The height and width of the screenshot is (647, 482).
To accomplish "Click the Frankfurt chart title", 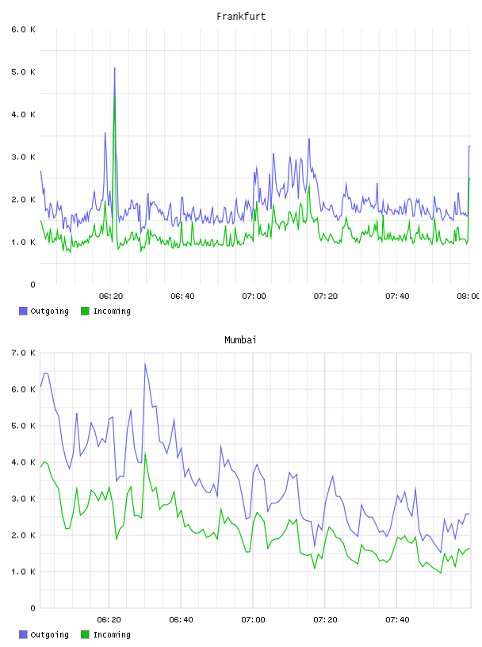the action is click(x=241, y=17).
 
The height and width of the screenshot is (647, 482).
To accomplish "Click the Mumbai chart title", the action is click(x=240, y=340).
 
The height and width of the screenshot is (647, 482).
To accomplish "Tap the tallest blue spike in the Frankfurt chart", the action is click(x=115, y=68).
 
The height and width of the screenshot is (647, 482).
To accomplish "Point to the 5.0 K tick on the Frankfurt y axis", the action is click(x=24, y=72).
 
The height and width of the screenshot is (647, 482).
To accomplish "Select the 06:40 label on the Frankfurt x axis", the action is click(x=182, y=296).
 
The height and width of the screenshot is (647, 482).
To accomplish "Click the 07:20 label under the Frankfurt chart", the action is click(x=326, y=296).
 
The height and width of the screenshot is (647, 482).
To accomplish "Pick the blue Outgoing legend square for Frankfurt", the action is click(x=23, y=311).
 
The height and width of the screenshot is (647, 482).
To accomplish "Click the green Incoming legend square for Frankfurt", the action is click(x=85, y=311).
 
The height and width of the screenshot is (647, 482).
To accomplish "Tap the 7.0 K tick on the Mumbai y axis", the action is click(x=24, y=353).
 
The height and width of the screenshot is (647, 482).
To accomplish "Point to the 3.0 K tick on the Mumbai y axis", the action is click(x=24, y=499).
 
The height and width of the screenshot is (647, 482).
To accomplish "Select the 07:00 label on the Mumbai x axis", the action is click(x=254, y=619).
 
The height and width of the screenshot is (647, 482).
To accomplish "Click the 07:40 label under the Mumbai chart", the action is click(x=397, y=619).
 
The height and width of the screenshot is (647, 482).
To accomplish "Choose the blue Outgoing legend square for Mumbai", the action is click(x=23, y=634).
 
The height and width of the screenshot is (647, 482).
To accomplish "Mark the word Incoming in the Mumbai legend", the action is click(x=112, y=634).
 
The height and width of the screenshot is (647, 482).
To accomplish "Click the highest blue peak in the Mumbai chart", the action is click(x=145, y=364).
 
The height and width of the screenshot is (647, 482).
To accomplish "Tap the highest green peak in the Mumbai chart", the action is click(x=145, y=454).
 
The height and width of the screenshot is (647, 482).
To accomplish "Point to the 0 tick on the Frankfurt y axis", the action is click(x=33, y=285).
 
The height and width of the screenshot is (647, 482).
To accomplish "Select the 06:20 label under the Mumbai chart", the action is click(x=109, y=619).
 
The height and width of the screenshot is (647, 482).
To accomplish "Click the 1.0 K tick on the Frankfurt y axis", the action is click(x=24, y=242).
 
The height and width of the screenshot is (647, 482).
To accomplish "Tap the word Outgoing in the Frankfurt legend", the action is click(x=49, y=311).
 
